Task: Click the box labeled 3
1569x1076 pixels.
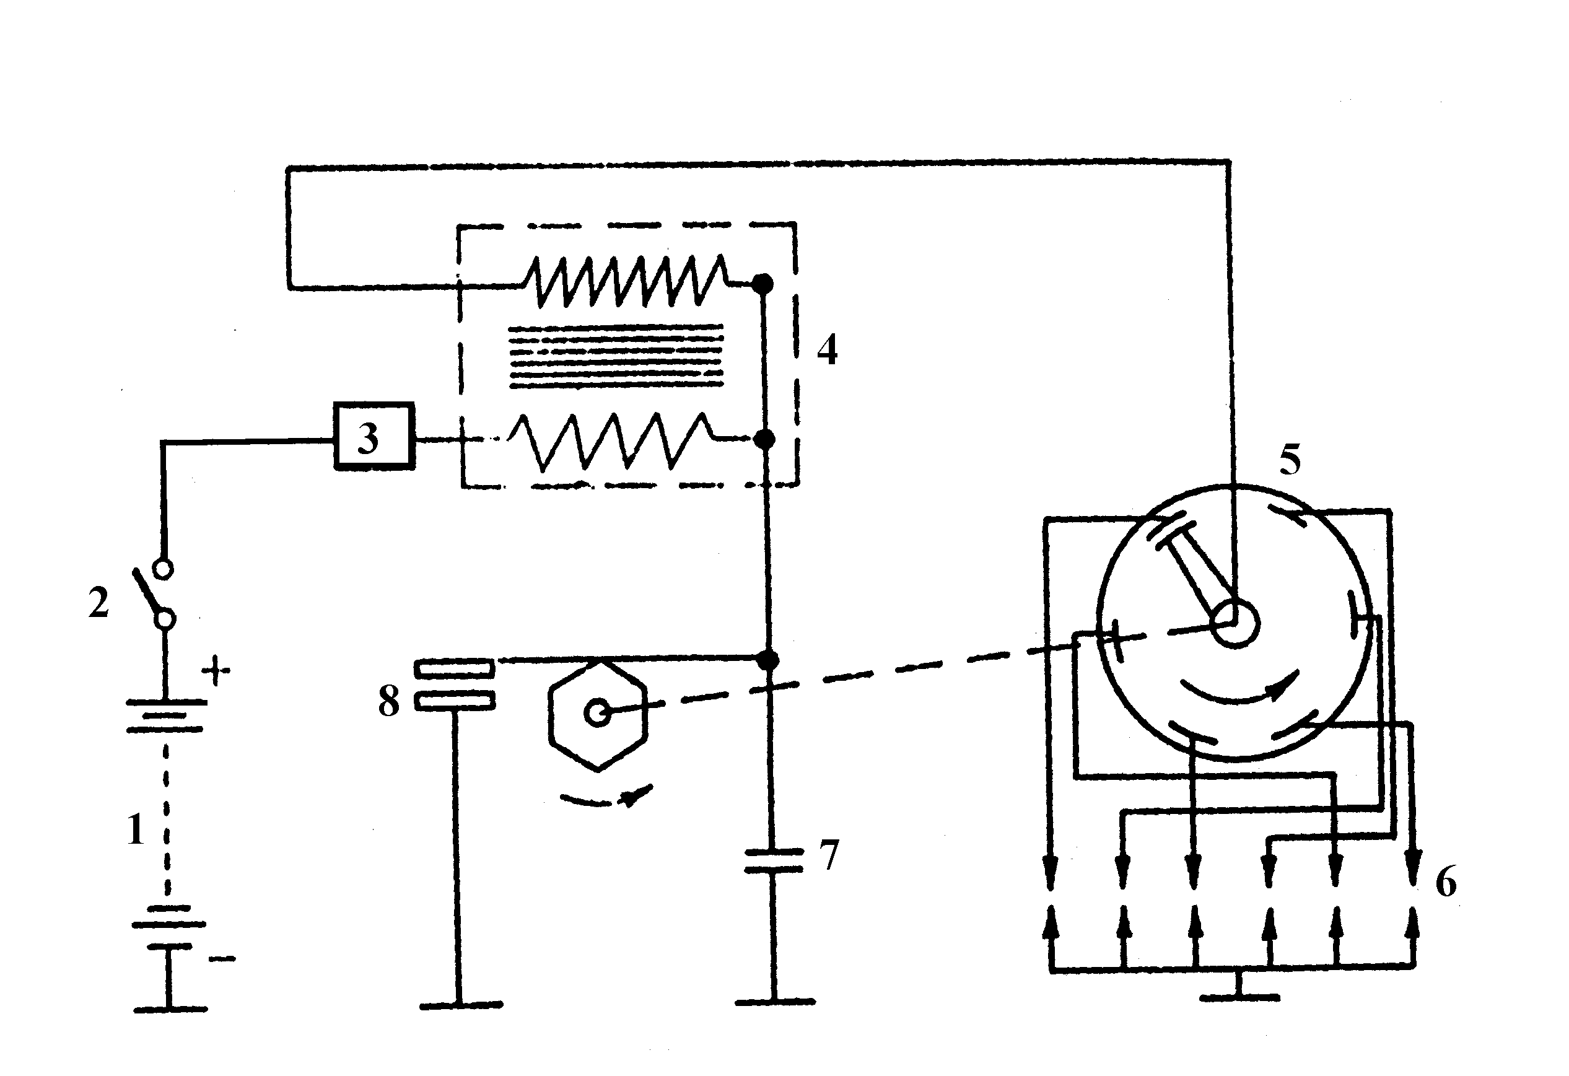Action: (374, 437)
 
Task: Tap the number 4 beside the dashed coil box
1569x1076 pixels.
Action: (827, 349)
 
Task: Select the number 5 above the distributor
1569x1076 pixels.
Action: (1290, 460)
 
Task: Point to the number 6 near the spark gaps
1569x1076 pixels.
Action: (1446, 881)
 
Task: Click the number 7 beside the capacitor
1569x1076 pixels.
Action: (828, 855)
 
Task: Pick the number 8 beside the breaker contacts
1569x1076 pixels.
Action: (389, 701)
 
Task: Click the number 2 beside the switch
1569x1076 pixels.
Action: (98, 603)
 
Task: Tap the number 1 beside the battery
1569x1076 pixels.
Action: (136, 829)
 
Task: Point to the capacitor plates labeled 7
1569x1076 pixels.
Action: (774, 860)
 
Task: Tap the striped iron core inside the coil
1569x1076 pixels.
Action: (615, 357)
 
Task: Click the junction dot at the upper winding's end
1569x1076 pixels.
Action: (763, 284)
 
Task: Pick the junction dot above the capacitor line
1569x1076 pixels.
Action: (767, 660)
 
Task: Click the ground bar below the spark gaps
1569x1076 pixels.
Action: (1239, 996)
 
